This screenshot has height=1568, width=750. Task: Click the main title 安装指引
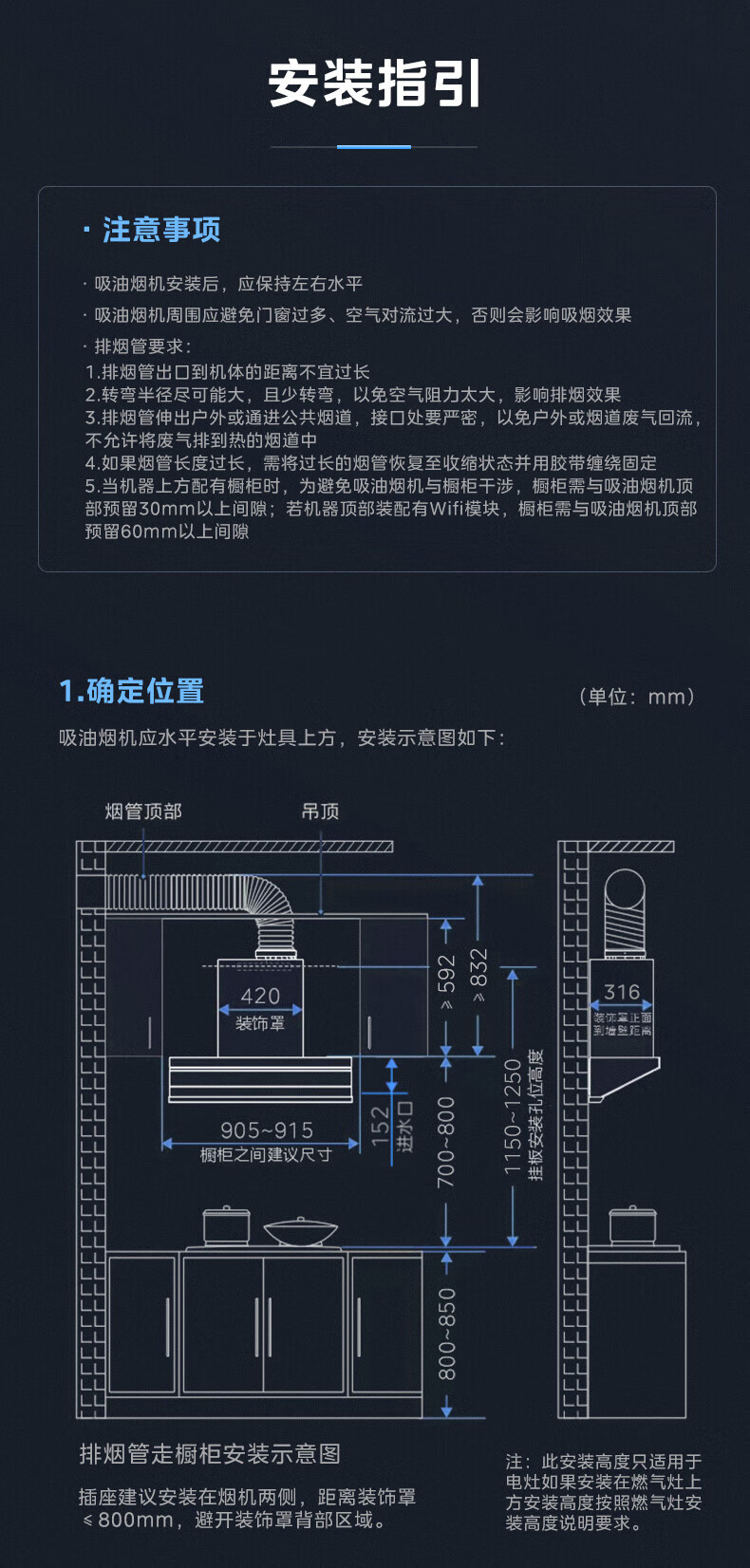point(375,84)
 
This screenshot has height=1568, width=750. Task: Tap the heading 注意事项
point(161,230)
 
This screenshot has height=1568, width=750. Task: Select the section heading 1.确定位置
point(132,691)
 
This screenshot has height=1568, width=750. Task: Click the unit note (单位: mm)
point(637,697)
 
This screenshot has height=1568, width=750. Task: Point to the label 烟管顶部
point(143,812)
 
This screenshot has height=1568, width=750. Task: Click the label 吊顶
point(320,812)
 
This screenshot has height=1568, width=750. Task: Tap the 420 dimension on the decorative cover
point(260,996)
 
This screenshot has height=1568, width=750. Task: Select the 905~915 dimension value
point(267,1129)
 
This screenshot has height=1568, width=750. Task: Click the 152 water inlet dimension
point(381,1125)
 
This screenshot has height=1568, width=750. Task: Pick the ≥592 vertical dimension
point(446,982)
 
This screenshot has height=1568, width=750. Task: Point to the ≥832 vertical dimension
point(478,976)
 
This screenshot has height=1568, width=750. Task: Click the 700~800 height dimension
point(446,1142)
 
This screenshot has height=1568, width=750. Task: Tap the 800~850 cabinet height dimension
point(446,1334)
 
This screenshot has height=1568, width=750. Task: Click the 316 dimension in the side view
point(622,992)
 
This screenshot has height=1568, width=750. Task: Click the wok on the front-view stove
point(301,1232)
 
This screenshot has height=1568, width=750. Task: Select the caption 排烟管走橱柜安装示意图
point(210,1454)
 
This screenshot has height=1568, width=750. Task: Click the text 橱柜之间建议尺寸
point(266,1155)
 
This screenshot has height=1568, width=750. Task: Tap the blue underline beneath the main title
point(374,147)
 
